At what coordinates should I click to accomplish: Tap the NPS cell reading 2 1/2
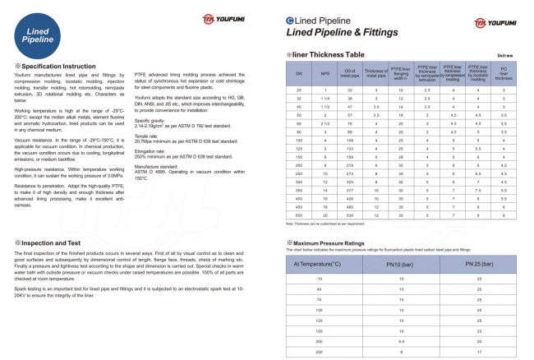(325, 121)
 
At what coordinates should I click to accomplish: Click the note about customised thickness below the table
(325, 224)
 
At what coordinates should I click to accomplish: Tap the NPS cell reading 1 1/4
(325, 98)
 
